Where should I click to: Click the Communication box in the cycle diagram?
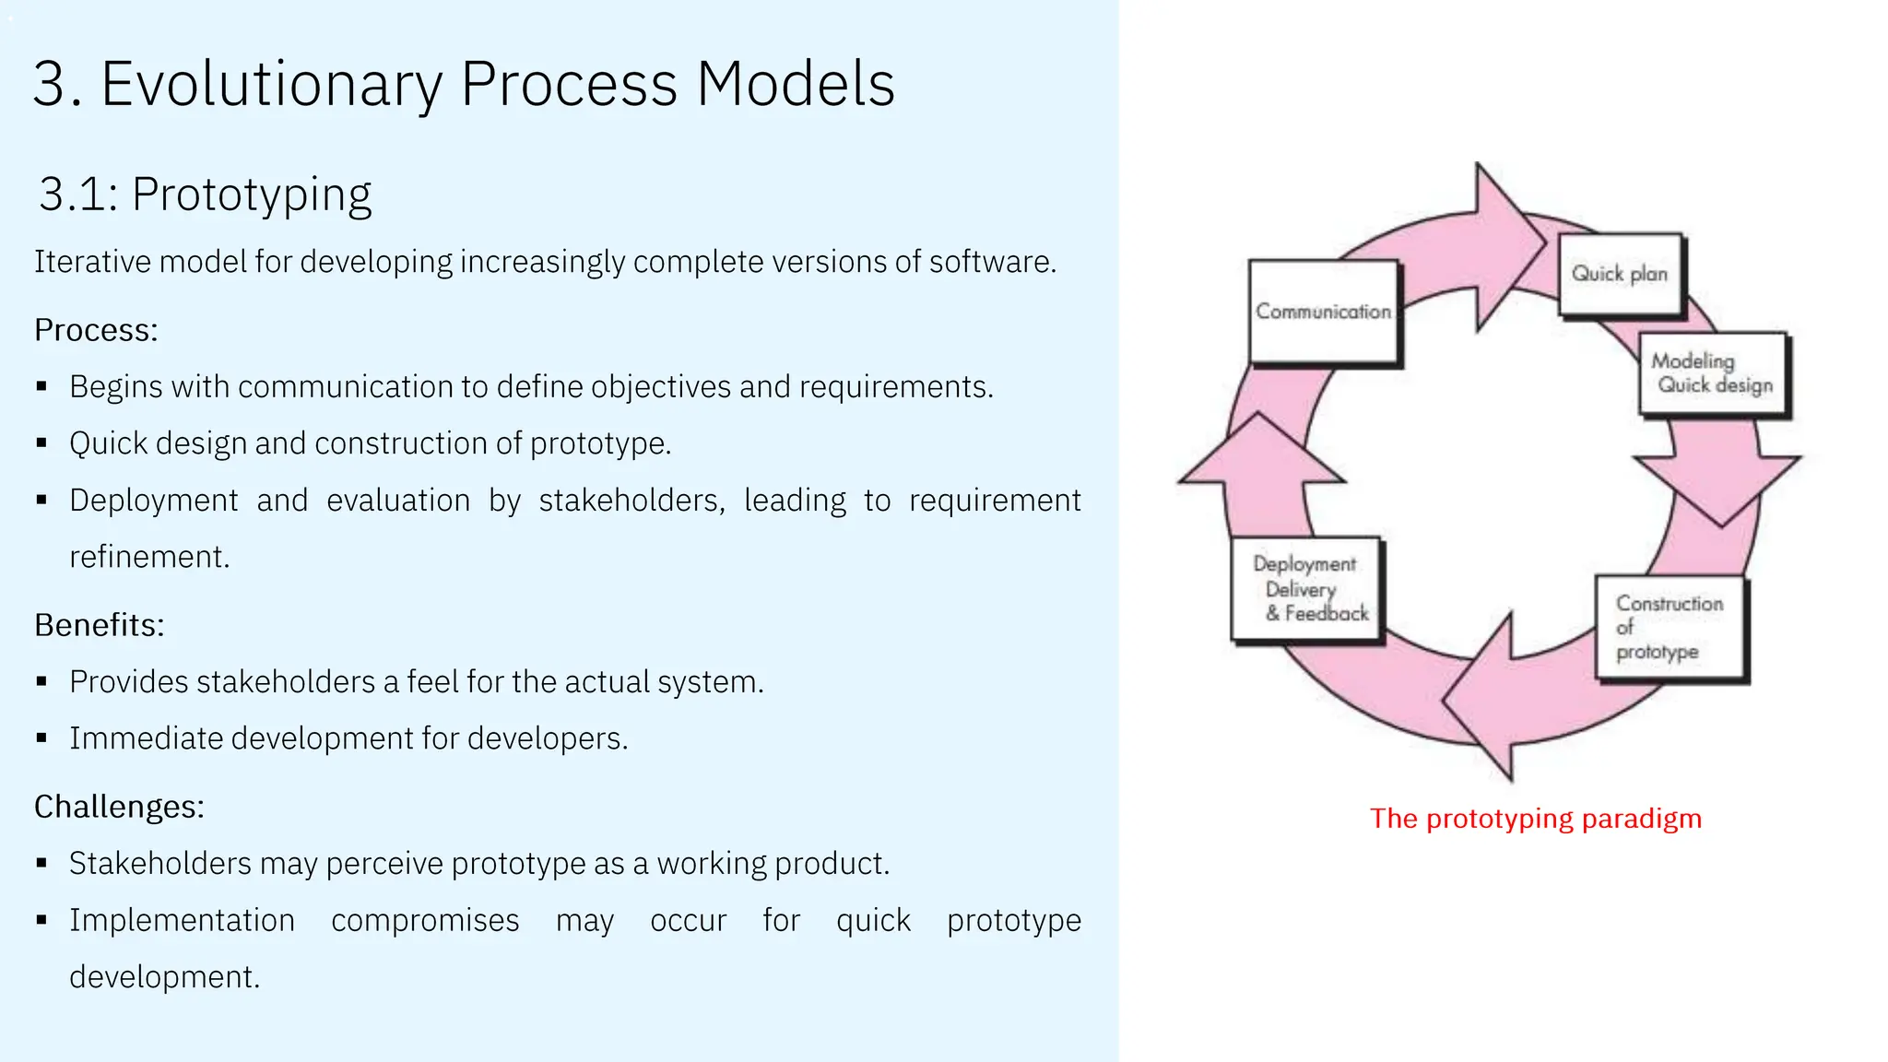click(1323, 312)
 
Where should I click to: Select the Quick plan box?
click(1620, 274)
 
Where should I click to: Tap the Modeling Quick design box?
click(1713, 373)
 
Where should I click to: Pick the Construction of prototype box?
click(1670, 628)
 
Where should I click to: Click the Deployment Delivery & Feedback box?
click(1306, 588)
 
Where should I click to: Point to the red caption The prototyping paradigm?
click(1535, 819)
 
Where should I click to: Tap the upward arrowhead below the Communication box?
click(1260, 453)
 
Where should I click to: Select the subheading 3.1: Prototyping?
click(205, 195)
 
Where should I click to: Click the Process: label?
click(96, 330)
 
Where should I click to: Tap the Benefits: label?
click(99, 625)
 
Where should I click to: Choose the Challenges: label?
click(119, 807)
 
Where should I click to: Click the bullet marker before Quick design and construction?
click(41, 443)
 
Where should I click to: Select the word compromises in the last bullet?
click(425, 920)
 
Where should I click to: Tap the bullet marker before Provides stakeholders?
click(41, 682)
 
